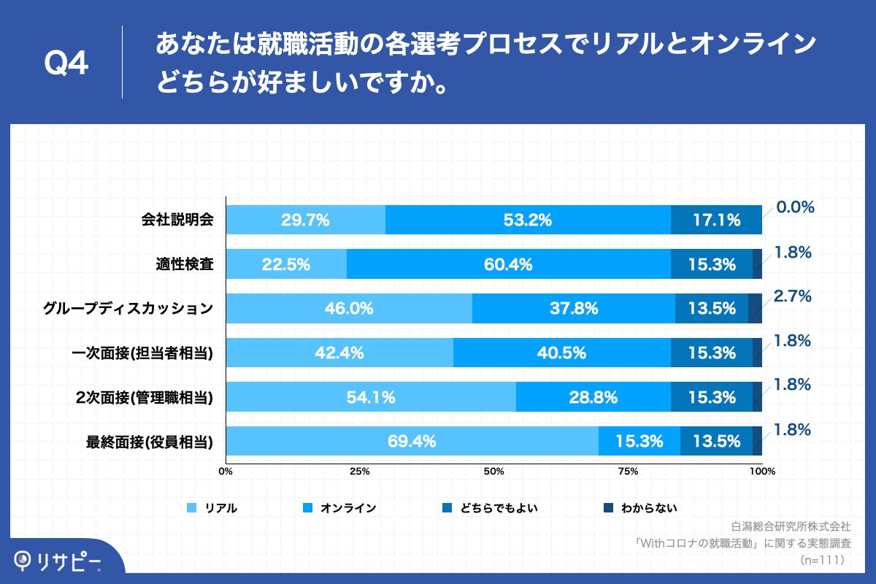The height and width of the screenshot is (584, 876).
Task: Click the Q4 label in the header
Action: pos(66,64)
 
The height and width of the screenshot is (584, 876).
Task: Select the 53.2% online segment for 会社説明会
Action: pos(528,220)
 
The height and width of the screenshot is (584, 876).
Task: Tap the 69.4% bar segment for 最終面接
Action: pos(412,441)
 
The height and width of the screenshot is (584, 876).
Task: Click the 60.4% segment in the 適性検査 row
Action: pos(508,264)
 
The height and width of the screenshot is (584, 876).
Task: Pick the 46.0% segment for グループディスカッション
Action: pos(349,308)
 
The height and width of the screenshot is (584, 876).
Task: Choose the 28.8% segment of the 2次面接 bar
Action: pos(593,397)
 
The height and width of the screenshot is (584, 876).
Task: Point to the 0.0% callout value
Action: pos(795,207)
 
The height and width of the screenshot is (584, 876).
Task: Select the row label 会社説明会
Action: pos(177,220)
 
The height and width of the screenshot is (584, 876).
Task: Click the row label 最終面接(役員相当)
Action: pos(149,441)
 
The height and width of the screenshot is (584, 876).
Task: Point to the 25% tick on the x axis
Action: pos(359,471)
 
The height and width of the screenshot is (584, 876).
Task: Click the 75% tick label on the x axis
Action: pos(628,471)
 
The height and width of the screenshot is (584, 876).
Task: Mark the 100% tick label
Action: pos(762,471)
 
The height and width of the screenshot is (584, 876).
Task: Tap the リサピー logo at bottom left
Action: pos(58,560)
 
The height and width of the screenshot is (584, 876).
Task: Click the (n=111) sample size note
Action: pos(822,560)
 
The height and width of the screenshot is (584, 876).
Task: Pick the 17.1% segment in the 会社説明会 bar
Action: pos(716,220)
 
